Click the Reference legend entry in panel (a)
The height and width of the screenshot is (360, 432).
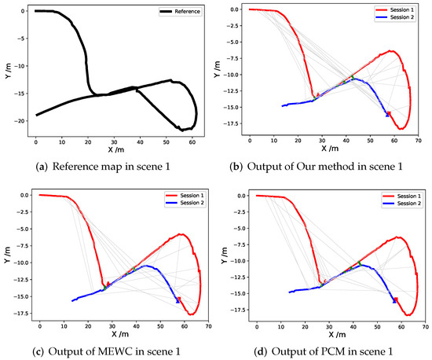(x=186, y=12)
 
